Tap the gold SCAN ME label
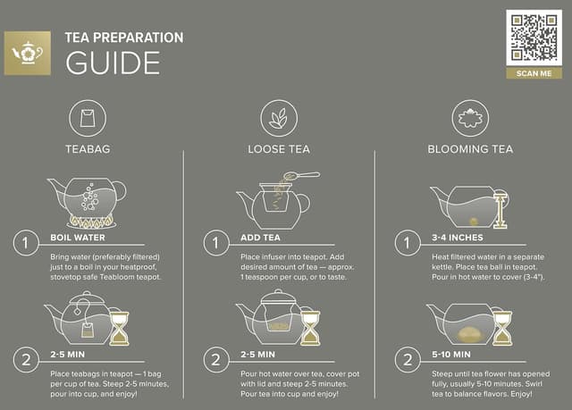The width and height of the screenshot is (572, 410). (534, 73)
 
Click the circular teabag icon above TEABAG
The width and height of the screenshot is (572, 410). (88, 118)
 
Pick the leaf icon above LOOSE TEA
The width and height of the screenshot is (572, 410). (278, 118)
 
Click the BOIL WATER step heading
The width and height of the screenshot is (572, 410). (78, 238)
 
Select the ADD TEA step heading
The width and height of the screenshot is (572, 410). (259, 238)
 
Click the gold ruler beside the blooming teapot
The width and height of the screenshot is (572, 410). (500, 205)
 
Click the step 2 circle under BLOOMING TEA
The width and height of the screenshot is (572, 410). (408, 361)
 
